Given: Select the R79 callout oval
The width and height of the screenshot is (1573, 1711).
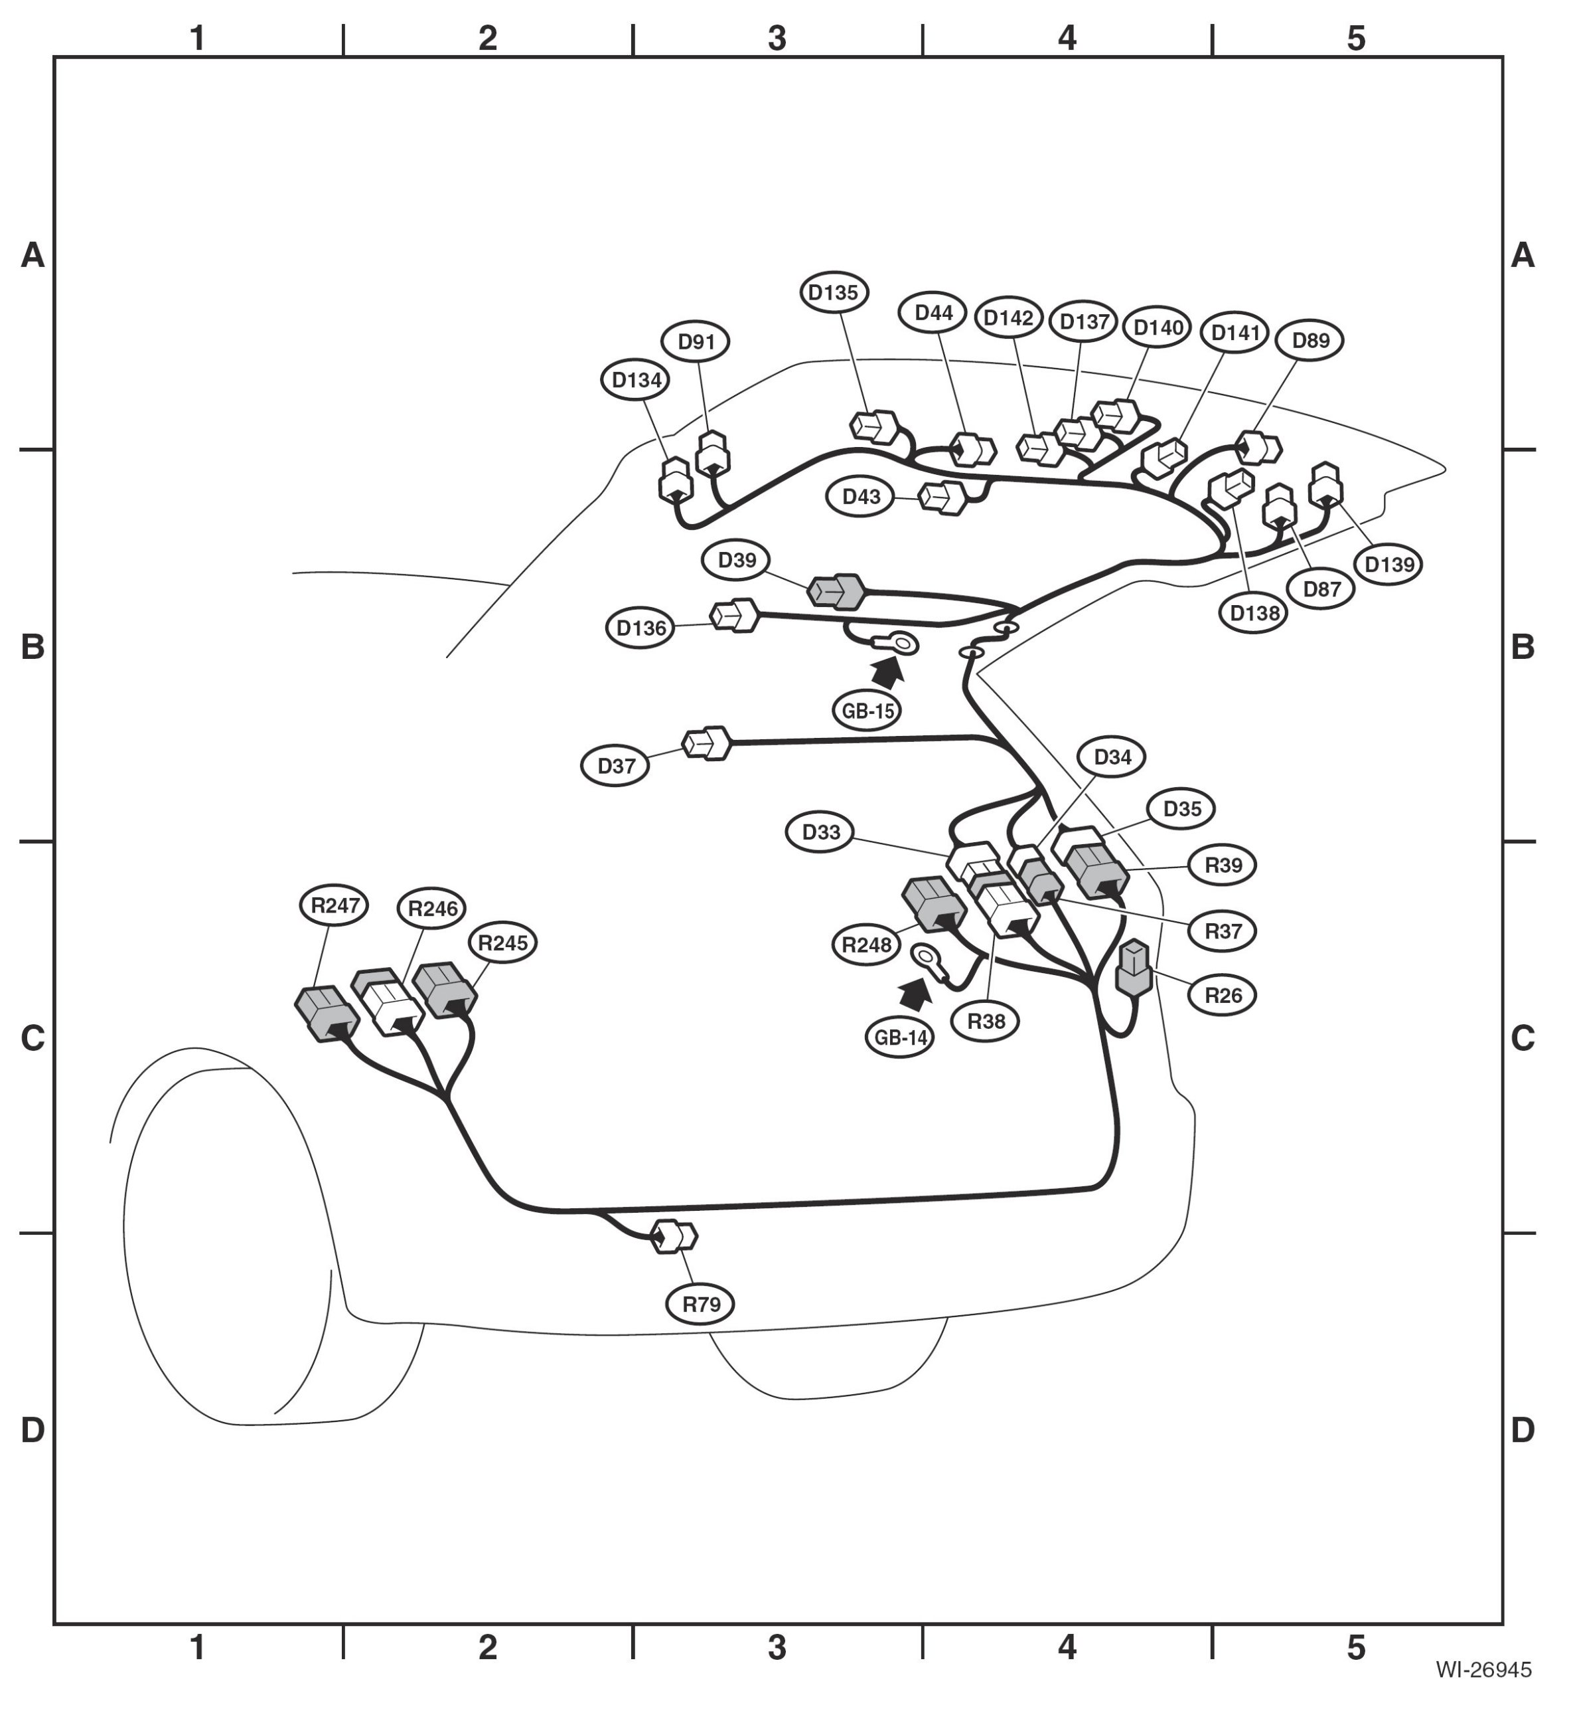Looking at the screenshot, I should pyautogui.click(x=700, y=1303).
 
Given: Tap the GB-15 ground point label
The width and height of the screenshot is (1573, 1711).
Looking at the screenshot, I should pyautogui.click(x=867, y=710).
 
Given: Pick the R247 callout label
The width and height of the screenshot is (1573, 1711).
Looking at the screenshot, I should pyautogui.click(x=335, y=905).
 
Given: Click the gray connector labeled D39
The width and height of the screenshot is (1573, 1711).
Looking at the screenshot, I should pyautogui.click(x=836, y=591).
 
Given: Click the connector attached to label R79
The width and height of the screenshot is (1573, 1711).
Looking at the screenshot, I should pyautogui.click(x=673, y=1236).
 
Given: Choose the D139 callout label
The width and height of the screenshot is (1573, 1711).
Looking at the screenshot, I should pyautogui.click(x=1388, y=565).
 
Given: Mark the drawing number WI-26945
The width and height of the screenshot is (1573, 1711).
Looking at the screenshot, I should pyautogui.click(x=1483, y=1669).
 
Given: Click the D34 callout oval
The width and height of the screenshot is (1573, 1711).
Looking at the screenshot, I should pyautogui.click(x=1112, y=757).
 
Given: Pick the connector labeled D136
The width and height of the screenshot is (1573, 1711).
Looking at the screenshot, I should pyautogui.click(x=733, y=615).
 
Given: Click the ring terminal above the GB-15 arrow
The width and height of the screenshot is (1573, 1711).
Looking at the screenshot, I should pyautogui.click(x=898, y=643).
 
